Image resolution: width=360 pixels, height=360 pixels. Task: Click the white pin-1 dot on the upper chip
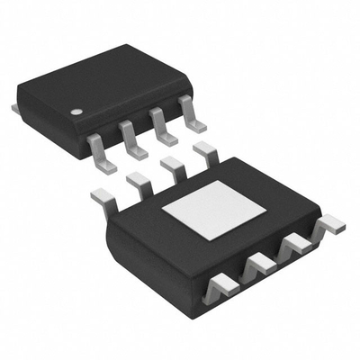pos(77,112)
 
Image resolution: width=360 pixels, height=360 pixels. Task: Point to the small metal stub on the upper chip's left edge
pos(15,107)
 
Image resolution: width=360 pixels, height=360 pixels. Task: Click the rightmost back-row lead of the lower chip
pos(205,149)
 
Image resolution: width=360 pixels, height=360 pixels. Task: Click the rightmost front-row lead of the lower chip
pos(330,222)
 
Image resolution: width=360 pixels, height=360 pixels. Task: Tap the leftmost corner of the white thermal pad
pos(162,209)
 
